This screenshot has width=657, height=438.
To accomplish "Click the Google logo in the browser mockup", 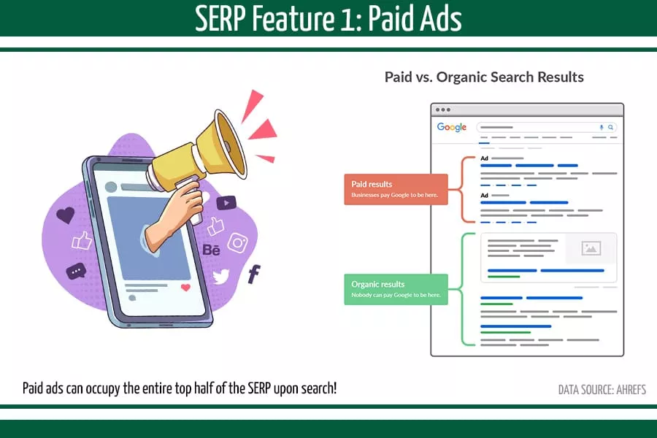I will [x=451, y=127].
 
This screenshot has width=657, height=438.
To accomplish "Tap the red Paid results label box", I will [x=396, y=189].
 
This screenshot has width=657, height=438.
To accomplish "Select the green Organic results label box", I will [x=396, y=289].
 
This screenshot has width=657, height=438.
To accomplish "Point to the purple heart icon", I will [x=66, y=215].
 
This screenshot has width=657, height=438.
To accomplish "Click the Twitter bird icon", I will [x=220, y=277].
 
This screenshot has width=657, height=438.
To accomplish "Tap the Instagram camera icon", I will [x=238, y=242].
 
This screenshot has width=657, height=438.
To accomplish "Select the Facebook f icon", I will [x=254, y=274].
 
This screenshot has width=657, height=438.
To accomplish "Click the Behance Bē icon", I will [x=211, y=250].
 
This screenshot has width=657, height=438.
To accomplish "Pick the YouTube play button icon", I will [x=226, y=203].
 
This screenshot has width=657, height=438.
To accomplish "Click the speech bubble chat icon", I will [x=76, y=272].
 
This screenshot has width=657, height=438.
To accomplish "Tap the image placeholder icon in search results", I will [x=591, y=248].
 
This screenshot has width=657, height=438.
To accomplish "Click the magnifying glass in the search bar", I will [x=611, y=127].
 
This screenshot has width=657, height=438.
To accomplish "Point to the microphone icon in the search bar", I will [x=602, y=127].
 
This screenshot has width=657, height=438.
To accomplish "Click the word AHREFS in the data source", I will [x=626, y=390].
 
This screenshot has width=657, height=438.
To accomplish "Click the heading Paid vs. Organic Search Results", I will [x=484, y=77].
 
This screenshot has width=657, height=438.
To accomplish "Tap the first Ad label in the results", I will [x=484, y=158].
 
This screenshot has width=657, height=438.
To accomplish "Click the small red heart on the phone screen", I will [x=185, y=288].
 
